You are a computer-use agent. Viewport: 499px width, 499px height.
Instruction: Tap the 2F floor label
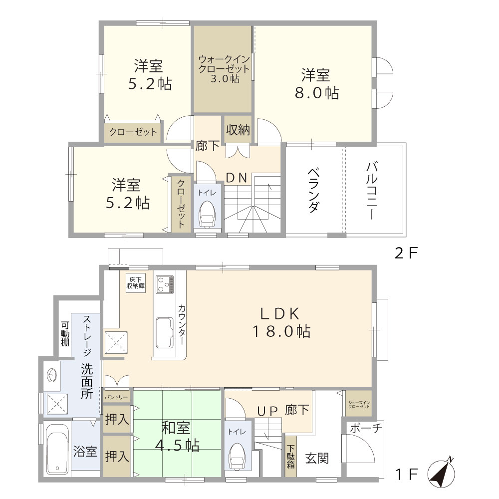coord(405,253)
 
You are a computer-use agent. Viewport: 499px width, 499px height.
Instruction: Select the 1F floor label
coord(405,474)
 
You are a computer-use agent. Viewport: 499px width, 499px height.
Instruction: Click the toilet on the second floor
coord(206,215)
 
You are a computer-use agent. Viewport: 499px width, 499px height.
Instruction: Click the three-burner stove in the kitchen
coord(164,285)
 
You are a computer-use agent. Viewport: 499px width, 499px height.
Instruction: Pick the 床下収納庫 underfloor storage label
coord(135,283)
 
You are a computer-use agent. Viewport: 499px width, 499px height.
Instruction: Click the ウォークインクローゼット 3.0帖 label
coord(223,68)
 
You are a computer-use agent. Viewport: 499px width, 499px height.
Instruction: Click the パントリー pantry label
coord(117,397)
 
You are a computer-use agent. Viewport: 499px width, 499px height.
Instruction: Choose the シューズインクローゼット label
coord(358,404)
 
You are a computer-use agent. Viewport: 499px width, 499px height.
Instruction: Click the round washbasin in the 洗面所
coord(51,374)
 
